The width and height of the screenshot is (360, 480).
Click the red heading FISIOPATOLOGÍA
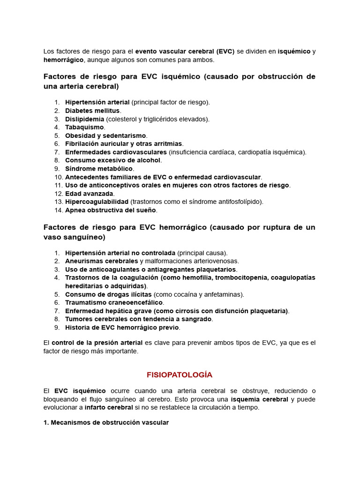click(180, 375)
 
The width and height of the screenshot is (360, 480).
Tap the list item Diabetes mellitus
click(93, 111)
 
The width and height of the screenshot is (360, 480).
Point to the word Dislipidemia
click(85, 119)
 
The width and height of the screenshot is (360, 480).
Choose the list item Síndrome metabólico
click(99, 168)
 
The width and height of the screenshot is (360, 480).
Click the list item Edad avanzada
click(89, 193)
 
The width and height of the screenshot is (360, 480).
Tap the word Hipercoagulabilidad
click(97, 202)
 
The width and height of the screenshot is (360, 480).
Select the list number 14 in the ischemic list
click(59, 210)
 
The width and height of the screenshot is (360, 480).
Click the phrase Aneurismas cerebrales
click(101, 261)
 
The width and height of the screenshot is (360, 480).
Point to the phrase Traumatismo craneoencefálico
click(114, 302)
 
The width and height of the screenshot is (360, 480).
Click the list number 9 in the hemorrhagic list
click(57, 327)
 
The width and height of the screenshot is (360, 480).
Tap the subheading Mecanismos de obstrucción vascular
click(109, 422)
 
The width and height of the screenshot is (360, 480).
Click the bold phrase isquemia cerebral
click(259, 399)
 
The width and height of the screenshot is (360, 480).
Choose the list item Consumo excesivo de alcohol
click(112, 160)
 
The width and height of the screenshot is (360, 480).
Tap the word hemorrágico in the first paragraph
click(63, 60)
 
